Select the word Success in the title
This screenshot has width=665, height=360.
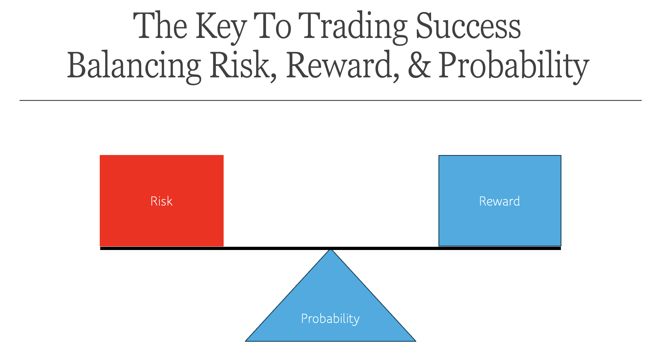468,26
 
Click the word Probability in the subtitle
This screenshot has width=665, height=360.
514,67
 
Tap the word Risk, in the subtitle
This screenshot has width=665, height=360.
243,66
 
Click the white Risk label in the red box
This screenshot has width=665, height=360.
162,201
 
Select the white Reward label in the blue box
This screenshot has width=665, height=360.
500,201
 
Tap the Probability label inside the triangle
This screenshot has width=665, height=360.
330,319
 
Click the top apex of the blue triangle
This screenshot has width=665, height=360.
331,249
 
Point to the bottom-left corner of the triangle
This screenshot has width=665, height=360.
245,341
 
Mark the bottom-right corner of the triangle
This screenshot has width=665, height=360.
416,341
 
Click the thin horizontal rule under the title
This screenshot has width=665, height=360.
330,100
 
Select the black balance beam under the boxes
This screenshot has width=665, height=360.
330,249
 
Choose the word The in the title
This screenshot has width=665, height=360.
160,26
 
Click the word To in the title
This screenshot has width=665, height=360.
272,26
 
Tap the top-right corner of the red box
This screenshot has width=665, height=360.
224,155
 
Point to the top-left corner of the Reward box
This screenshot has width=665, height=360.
439,155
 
